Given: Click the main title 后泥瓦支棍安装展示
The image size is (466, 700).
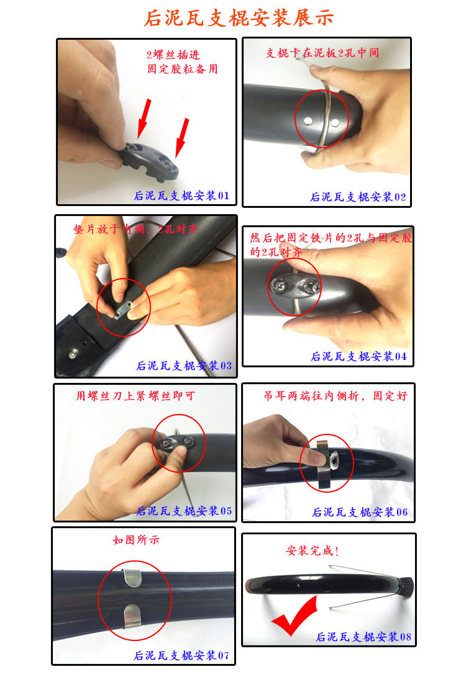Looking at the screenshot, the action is point(239,18).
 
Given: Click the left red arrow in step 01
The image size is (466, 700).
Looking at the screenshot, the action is point(144,119).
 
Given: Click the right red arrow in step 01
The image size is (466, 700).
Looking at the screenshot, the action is point(182,138).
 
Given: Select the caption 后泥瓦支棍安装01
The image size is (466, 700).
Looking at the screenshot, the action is point(181,195).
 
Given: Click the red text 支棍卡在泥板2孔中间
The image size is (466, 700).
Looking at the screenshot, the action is point(322,53).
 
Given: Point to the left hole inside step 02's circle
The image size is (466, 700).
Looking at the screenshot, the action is point(308,120).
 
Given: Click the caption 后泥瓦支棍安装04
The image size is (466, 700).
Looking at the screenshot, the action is point(359,356).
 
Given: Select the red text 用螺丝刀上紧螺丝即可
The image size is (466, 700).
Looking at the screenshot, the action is point(135,396).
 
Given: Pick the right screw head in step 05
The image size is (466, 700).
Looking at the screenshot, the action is point(188,441).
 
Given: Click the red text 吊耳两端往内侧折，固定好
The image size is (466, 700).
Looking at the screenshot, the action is point(335,396).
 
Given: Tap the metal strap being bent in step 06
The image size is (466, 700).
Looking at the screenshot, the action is point(326,464).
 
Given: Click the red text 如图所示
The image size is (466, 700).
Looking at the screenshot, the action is point(136,540).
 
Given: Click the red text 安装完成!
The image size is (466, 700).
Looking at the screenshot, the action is point(312,551).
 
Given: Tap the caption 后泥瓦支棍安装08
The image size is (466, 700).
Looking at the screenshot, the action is point(363,637).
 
